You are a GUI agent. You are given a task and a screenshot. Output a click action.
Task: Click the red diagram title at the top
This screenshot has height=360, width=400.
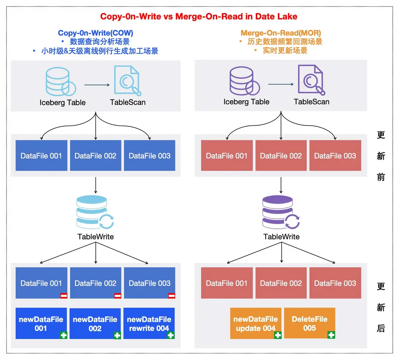click(x=199, y=16)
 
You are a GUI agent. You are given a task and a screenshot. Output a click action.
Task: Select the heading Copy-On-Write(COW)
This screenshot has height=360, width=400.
click(x=95, y=34)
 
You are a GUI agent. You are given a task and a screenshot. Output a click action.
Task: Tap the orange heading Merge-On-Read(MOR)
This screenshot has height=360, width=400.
click(x=281, y=34)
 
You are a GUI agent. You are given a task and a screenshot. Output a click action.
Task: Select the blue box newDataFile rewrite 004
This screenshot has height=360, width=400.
click(x=149, y=324)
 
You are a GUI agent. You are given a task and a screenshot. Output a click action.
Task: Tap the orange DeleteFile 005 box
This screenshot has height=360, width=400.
click(x=309, y=323)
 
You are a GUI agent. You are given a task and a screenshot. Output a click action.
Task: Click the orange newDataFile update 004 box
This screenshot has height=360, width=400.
click(x=256, y=324)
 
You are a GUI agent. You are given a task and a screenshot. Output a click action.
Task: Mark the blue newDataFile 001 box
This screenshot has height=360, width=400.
click(x=41, y=324)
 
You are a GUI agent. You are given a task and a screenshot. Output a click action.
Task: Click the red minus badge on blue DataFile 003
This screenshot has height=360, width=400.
click(x=171, y=296)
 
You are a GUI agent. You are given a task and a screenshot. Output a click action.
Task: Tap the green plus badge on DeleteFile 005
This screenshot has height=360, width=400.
click(x=331, y=335)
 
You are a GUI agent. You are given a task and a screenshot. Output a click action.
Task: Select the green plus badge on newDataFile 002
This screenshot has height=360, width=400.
click(x=117, y=335)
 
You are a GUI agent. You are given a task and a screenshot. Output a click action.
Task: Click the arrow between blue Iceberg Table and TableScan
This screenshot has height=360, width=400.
click(x=97, y=85)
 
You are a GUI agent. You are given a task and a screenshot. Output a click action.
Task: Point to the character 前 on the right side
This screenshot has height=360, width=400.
click(x=381, y=177)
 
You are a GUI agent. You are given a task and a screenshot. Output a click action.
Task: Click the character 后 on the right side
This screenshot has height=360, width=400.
click(x=381, y=328)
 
